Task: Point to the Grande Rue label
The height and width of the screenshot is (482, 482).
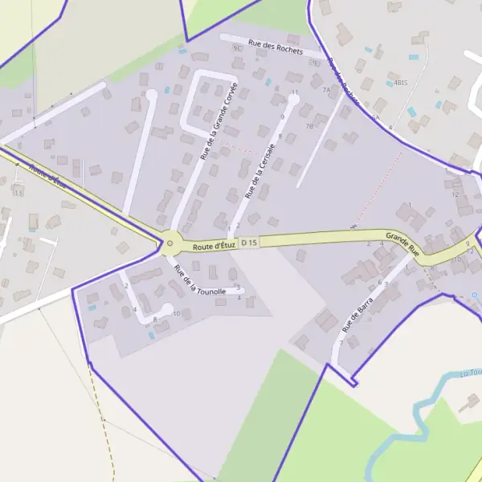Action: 402,243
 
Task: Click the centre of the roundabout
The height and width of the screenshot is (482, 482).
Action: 170,243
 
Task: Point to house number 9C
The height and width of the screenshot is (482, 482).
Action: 237,48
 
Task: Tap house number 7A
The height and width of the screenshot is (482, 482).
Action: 326,90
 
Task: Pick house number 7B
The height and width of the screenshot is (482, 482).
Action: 309,126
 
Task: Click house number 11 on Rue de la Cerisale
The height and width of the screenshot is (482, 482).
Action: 295,93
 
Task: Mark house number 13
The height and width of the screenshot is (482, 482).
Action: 18,193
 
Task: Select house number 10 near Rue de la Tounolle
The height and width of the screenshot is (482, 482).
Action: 177,312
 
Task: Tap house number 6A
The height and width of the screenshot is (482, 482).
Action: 374,117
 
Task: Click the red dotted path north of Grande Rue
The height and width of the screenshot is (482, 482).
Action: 378,189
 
